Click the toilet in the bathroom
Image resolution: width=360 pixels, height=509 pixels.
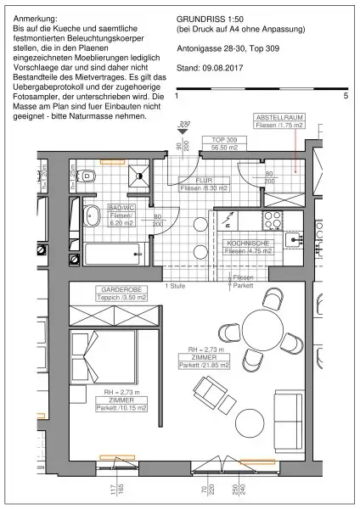coord(96,176)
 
